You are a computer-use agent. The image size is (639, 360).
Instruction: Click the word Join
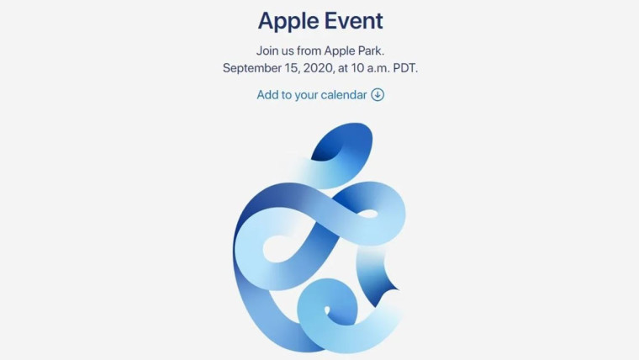click(266, 50)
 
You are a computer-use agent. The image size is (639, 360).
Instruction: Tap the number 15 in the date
click(292, 67)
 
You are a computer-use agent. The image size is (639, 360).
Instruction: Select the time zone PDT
click(404, 67)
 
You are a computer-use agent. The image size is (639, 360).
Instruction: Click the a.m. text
click(378, 68)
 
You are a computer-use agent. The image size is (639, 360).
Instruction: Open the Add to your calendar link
click(320, 94)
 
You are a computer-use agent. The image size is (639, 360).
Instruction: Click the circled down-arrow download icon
click(378, 94)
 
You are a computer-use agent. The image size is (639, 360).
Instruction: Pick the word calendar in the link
click(344, 94)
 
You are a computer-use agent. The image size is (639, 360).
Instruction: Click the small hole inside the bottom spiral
click(326, 311)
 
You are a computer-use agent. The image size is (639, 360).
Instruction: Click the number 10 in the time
click(357, 67)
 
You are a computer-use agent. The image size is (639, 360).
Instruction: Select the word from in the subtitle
click(309, 50)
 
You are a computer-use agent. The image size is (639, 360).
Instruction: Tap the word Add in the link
click(267, 94)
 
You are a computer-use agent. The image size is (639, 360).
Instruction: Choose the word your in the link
click(306, 96)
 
